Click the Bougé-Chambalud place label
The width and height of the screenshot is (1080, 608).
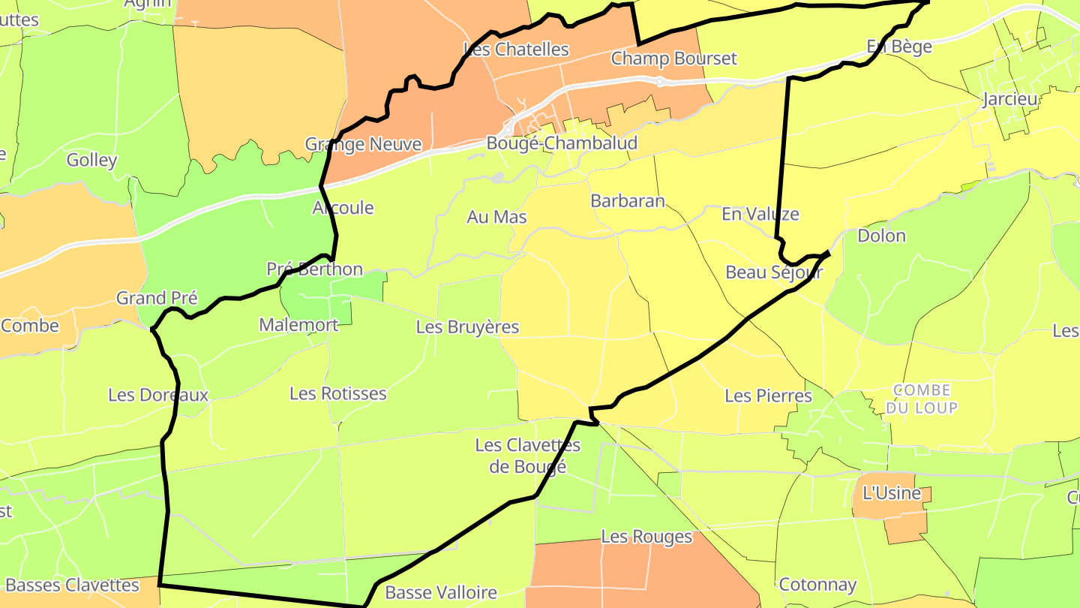[x=562, y=143]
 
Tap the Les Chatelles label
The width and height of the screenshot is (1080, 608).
[x=517, y=50]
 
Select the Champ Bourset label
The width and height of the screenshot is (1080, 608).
[x=673, y=59]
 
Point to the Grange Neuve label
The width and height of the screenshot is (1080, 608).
[x=363, y=144]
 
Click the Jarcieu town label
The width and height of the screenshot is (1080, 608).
[x=1009, y=100]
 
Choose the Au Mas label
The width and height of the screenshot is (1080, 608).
[x=496, y=217]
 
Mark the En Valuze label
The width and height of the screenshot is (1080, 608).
[x=760, y=214]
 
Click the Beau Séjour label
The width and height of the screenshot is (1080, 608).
[x=774, y=272]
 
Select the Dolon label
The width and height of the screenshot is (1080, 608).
[x=881, y=236]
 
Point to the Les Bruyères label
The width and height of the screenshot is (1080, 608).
[x=467, y=327]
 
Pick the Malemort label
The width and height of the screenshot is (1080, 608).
[x=298, y=325]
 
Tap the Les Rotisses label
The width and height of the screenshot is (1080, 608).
[x=338, y=393]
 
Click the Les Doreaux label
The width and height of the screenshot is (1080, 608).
[x=158, y=395]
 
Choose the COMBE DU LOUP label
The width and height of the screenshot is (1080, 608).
[x=922, y=399]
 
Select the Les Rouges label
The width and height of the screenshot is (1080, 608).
[x=646, y=537]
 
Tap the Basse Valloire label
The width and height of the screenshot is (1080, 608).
[x=441, y=592]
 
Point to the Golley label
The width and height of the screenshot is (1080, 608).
[x=92, y=160]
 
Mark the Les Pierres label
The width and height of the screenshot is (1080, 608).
[x=768, y=396]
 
